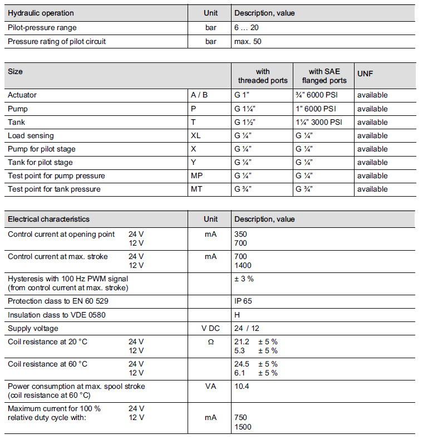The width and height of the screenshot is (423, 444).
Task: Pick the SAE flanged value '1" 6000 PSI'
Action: [x=316, y=109]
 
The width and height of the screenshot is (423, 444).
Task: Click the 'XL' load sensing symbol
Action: [x=195, y=135]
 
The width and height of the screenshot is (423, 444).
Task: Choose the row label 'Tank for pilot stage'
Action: [x=40, y=162]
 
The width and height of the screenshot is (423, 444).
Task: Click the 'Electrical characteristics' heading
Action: [x=48, y=219]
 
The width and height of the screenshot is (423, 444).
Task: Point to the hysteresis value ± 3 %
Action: [x=244, y=279]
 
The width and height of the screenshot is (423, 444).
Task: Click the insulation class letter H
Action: [x=237, y=314]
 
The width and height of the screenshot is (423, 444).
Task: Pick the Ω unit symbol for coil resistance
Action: [x=210, y=341]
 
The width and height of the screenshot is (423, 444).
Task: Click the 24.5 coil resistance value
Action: [x=243, y=364]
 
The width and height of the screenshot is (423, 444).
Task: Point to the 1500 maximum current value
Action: [x=243, y=427]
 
